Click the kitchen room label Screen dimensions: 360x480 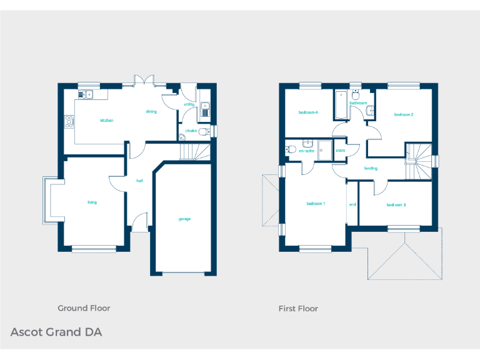pyautogui.click(x=107, y=120)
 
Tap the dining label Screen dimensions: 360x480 pyautogui.click(x=151, y=111)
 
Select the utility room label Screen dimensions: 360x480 pyautogui.click(x=189, y=104)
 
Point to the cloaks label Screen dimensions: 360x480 pyautogui.click(x=191, y=131)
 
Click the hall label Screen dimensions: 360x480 pyautogui.click(x=140, y=181)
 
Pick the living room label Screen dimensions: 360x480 pyautogui.click(x=92, y=202)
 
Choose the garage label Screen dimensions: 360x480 pyautogui.click(x=184, y=219)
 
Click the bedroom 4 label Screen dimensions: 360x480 pyautogui.click(x=308, y=112)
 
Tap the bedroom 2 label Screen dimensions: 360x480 pyautogui.click(x=404, y=114)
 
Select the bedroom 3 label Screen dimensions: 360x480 pyautogui.click(x=396, y=205)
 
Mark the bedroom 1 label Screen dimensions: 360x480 pyautogui.click(x=316, y=204)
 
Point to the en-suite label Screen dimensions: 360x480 pyautogui.click(x=306, y=151)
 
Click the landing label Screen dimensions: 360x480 pyautogui.click(x=371, y=168)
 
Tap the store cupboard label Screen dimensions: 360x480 pyautogui.click(x=341, y=151)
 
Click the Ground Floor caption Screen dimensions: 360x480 pyautogui.click(x=84, y=308)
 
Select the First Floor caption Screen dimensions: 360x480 pyautogui.click(x=298, y=308)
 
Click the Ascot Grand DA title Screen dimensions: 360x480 pyautogui.click(x=56, y=332)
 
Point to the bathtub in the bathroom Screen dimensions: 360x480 pyautogui.click(x=341, y=105)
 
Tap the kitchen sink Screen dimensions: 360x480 pyautogui.click(x=86, y=94)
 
